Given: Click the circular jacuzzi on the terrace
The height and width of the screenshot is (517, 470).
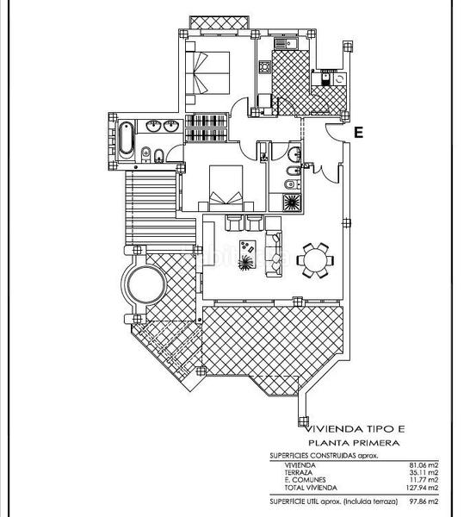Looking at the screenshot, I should coord(145,281).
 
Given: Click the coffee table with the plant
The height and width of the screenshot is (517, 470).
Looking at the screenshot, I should coord(246,254).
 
